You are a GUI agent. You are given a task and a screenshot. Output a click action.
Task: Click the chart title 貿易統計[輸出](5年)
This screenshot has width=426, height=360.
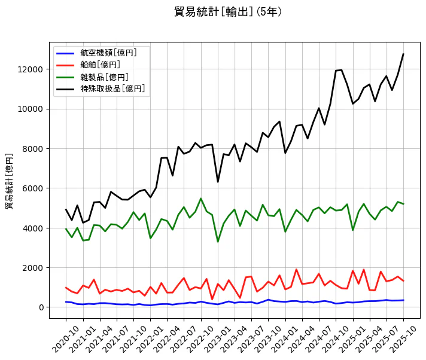228,12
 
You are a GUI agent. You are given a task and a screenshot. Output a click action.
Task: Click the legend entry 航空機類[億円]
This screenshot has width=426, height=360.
109,53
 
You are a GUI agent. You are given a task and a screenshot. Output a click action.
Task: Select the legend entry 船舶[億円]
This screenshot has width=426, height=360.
101,65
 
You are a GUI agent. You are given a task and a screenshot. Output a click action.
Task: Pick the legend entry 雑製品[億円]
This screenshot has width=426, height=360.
105,77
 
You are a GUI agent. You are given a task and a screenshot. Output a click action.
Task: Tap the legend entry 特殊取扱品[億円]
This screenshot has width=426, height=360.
113,89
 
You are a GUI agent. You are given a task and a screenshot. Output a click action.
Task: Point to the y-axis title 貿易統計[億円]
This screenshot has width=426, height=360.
10,181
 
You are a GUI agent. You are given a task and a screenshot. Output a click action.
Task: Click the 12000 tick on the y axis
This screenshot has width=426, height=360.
31,69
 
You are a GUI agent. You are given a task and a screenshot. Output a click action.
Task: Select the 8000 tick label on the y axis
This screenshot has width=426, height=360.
33,149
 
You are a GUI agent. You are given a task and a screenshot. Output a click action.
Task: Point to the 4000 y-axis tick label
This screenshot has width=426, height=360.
33,228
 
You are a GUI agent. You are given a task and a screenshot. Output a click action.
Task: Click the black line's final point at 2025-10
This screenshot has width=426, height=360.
403,54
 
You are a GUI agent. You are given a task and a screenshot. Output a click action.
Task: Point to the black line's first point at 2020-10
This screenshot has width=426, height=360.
66,210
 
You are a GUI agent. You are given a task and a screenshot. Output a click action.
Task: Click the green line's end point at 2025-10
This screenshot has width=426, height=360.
403,204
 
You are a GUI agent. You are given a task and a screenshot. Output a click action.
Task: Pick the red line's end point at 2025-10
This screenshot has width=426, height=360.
403,281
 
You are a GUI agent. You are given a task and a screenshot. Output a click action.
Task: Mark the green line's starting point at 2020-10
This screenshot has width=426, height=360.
66,229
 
